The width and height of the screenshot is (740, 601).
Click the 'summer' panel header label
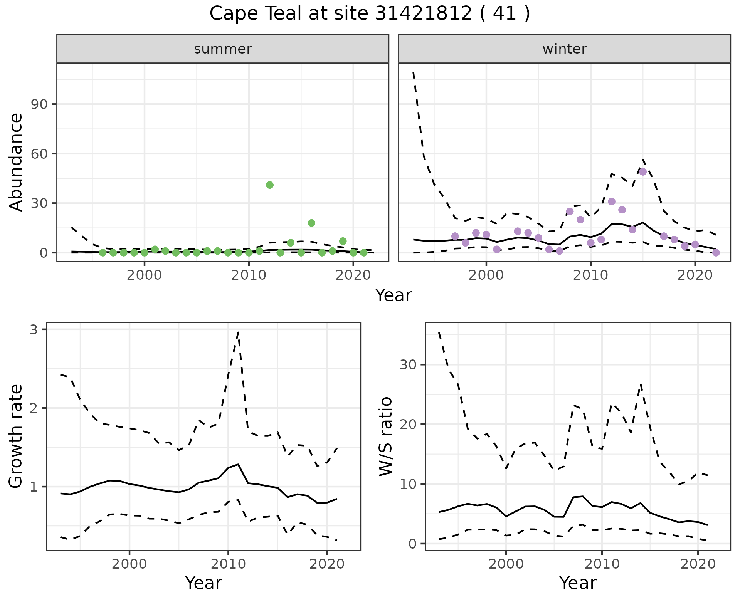(x=223, y=49)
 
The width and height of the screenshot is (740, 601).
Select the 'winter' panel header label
(x=564, y=49)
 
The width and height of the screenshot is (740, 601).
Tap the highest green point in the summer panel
(x=270, y=185)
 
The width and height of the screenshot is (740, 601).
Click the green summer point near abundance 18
(x=311, y=223)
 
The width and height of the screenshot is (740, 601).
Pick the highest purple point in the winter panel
(x=643, y=172)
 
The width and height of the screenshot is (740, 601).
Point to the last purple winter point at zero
(x=716, y=253)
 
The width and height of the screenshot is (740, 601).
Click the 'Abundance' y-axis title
(x=16, y=162)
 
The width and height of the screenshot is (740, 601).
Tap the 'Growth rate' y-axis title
(x=16, y=436)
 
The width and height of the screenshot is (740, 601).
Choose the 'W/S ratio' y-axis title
(x=385, y=436)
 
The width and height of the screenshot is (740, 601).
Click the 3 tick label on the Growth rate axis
(x=34, y=330)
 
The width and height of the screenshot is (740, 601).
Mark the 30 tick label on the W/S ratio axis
(x=408, y=364)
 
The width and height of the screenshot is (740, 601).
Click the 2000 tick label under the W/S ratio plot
(x=506, y=564)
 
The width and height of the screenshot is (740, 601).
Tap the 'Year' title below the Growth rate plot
(x=203, y=583)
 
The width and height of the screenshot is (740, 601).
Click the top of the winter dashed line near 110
(x=414, y=72)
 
